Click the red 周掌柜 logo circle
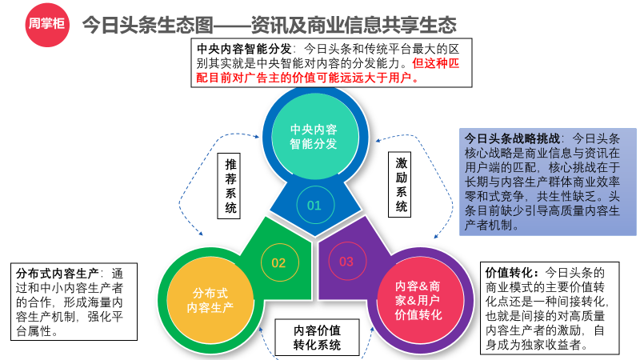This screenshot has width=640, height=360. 47,25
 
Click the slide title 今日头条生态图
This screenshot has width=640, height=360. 148,25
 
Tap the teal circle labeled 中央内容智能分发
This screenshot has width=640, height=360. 314,136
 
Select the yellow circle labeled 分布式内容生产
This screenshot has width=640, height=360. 210,301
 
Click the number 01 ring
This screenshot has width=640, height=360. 315,205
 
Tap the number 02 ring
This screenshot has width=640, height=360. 279,262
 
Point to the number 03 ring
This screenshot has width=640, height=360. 347,262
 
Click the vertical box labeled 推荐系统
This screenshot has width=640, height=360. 229,186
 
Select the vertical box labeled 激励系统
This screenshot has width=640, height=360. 399,184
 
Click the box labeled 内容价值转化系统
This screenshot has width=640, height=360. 317,337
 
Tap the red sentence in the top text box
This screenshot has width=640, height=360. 328,70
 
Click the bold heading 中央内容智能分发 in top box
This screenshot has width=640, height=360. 244,49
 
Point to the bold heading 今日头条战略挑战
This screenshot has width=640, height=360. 512,138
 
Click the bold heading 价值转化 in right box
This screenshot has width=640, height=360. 509,272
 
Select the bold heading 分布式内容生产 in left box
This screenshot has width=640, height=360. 57,274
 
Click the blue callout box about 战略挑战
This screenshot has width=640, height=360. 548,182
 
